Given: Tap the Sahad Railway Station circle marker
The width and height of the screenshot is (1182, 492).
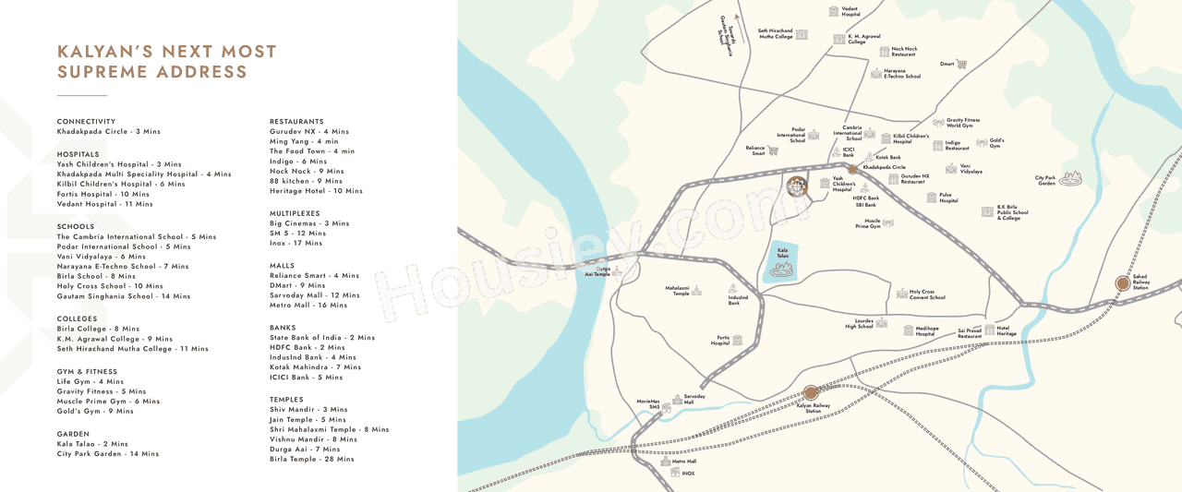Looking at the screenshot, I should [x=1122, y=283].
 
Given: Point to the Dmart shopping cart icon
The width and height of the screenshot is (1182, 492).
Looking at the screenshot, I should [x=961, y=65].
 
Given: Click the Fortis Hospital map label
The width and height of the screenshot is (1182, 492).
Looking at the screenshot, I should [x=720, y=340].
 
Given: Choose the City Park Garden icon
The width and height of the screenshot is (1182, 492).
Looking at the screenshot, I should [x=1070, y=178].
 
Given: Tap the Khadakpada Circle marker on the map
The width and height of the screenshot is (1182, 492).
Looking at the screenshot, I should [x=854, y=169].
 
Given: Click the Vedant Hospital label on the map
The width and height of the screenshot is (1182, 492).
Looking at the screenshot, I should [x=850, y=12].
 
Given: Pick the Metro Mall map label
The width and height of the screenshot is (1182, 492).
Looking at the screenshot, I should [x=684, y=461].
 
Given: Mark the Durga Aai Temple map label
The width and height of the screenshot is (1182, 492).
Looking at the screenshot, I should [x=597, y=271].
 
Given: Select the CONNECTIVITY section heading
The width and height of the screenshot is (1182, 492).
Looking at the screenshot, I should [x=86, y=122].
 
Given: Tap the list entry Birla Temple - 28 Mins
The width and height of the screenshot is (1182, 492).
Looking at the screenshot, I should [x=311, y=459].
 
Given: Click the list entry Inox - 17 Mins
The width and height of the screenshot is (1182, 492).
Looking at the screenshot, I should [x=296, y=244].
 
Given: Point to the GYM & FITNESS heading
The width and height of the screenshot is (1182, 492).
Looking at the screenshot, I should [x=87, y=372].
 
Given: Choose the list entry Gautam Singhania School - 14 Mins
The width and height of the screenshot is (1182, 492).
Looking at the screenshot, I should [x=124, y=296].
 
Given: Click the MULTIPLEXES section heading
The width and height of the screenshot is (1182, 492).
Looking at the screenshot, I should [x=295, y=213].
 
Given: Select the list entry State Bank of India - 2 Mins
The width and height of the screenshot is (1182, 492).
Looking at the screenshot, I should [x=322, y=338].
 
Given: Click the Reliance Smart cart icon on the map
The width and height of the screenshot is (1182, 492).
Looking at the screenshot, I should [x=773, y=150].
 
